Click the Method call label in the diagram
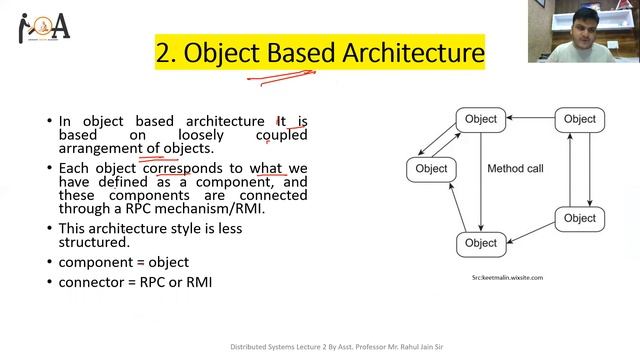(515, 169)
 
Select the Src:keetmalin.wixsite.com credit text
(507, 277)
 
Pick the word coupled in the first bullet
(281, 135)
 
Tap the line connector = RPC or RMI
(135, 283)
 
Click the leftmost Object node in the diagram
(431, 169)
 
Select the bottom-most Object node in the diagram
(480, 243)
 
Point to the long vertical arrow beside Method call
(481, 180)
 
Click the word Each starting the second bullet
(74, 168)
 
